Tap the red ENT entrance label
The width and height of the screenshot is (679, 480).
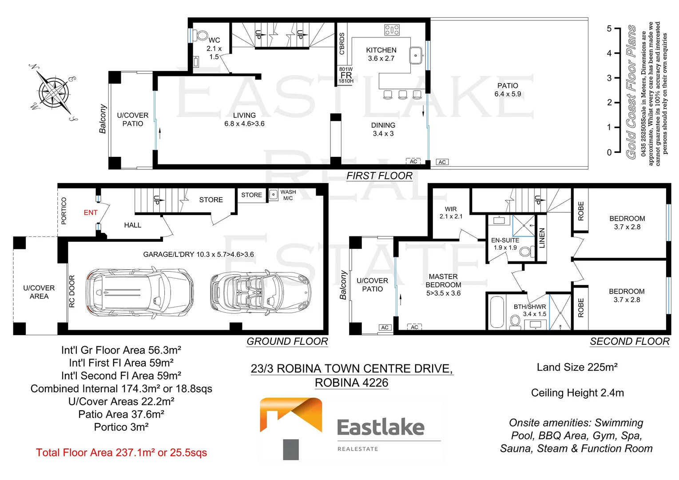pyautogui.click(x=91, y=213)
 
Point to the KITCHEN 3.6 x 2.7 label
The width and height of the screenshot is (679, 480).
pyautogui.click(x=381, y=54)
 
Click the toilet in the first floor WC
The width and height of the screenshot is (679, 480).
pyautogui.click(x=202, y=36)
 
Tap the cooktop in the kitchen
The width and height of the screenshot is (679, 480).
pyautogui.click(x=392, y=30)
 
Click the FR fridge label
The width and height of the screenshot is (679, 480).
pyautogui.click(x=346, y=75)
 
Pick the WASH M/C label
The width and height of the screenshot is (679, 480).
pyautogui.click(x=288, y=195)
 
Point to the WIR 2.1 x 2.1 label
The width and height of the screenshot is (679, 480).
pyautogui.click(x=451, y=212)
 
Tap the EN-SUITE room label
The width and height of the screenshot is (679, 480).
pyautogui.click(x=505, y=244)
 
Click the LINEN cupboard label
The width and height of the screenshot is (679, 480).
pyautogui.click(x=542, y=238)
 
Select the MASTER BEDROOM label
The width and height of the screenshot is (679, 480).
pyautogui.click(x=443, y=285)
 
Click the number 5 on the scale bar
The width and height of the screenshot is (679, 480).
pyautogui.click(x=609, y=29)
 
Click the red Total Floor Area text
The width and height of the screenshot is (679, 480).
pyautogui.click(x=121, y=453)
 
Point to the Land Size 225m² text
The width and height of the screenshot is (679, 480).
pyautogui.click(x=577, y=367)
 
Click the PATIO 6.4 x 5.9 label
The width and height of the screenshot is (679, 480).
pyautogui.click(x=508, y=90)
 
